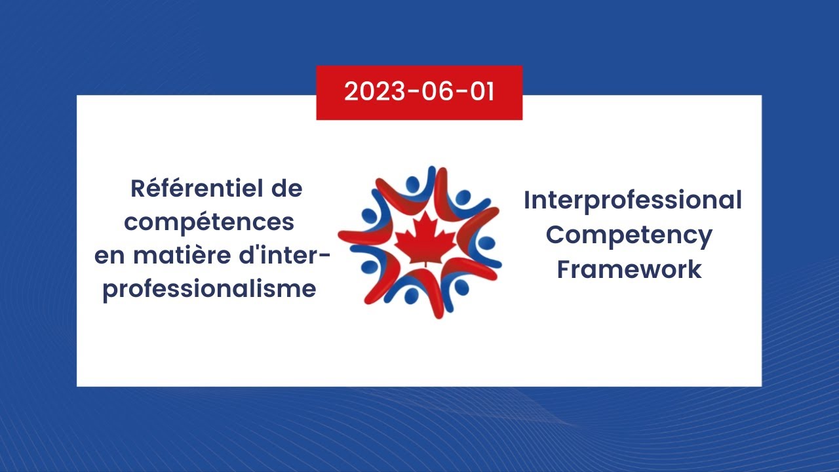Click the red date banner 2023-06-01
pyautogui.click(x=419, y=92)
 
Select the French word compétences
pyautogui.click(x=209, y=222)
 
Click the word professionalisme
pyautogui.click(x=209, y=289)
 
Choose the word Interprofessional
pyautogui.click(x=633, y=201)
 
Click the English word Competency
pyautogui.click(x=629, y=235)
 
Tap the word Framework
pyautogui.click(x=629, y=269)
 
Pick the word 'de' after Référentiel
pyautogui.click(x=286, y=189)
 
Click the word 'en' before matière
pyautogui.click(x=109, y=256)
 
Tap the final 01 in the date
pyautogui.click(x=481, y=92)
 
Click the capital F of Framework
pyautogui.click(x=564, y=269)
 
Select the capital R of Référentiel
pyautogui.click(x=138, y=189)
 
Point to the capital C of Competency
pyautogui.click(x=555, y=235)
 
